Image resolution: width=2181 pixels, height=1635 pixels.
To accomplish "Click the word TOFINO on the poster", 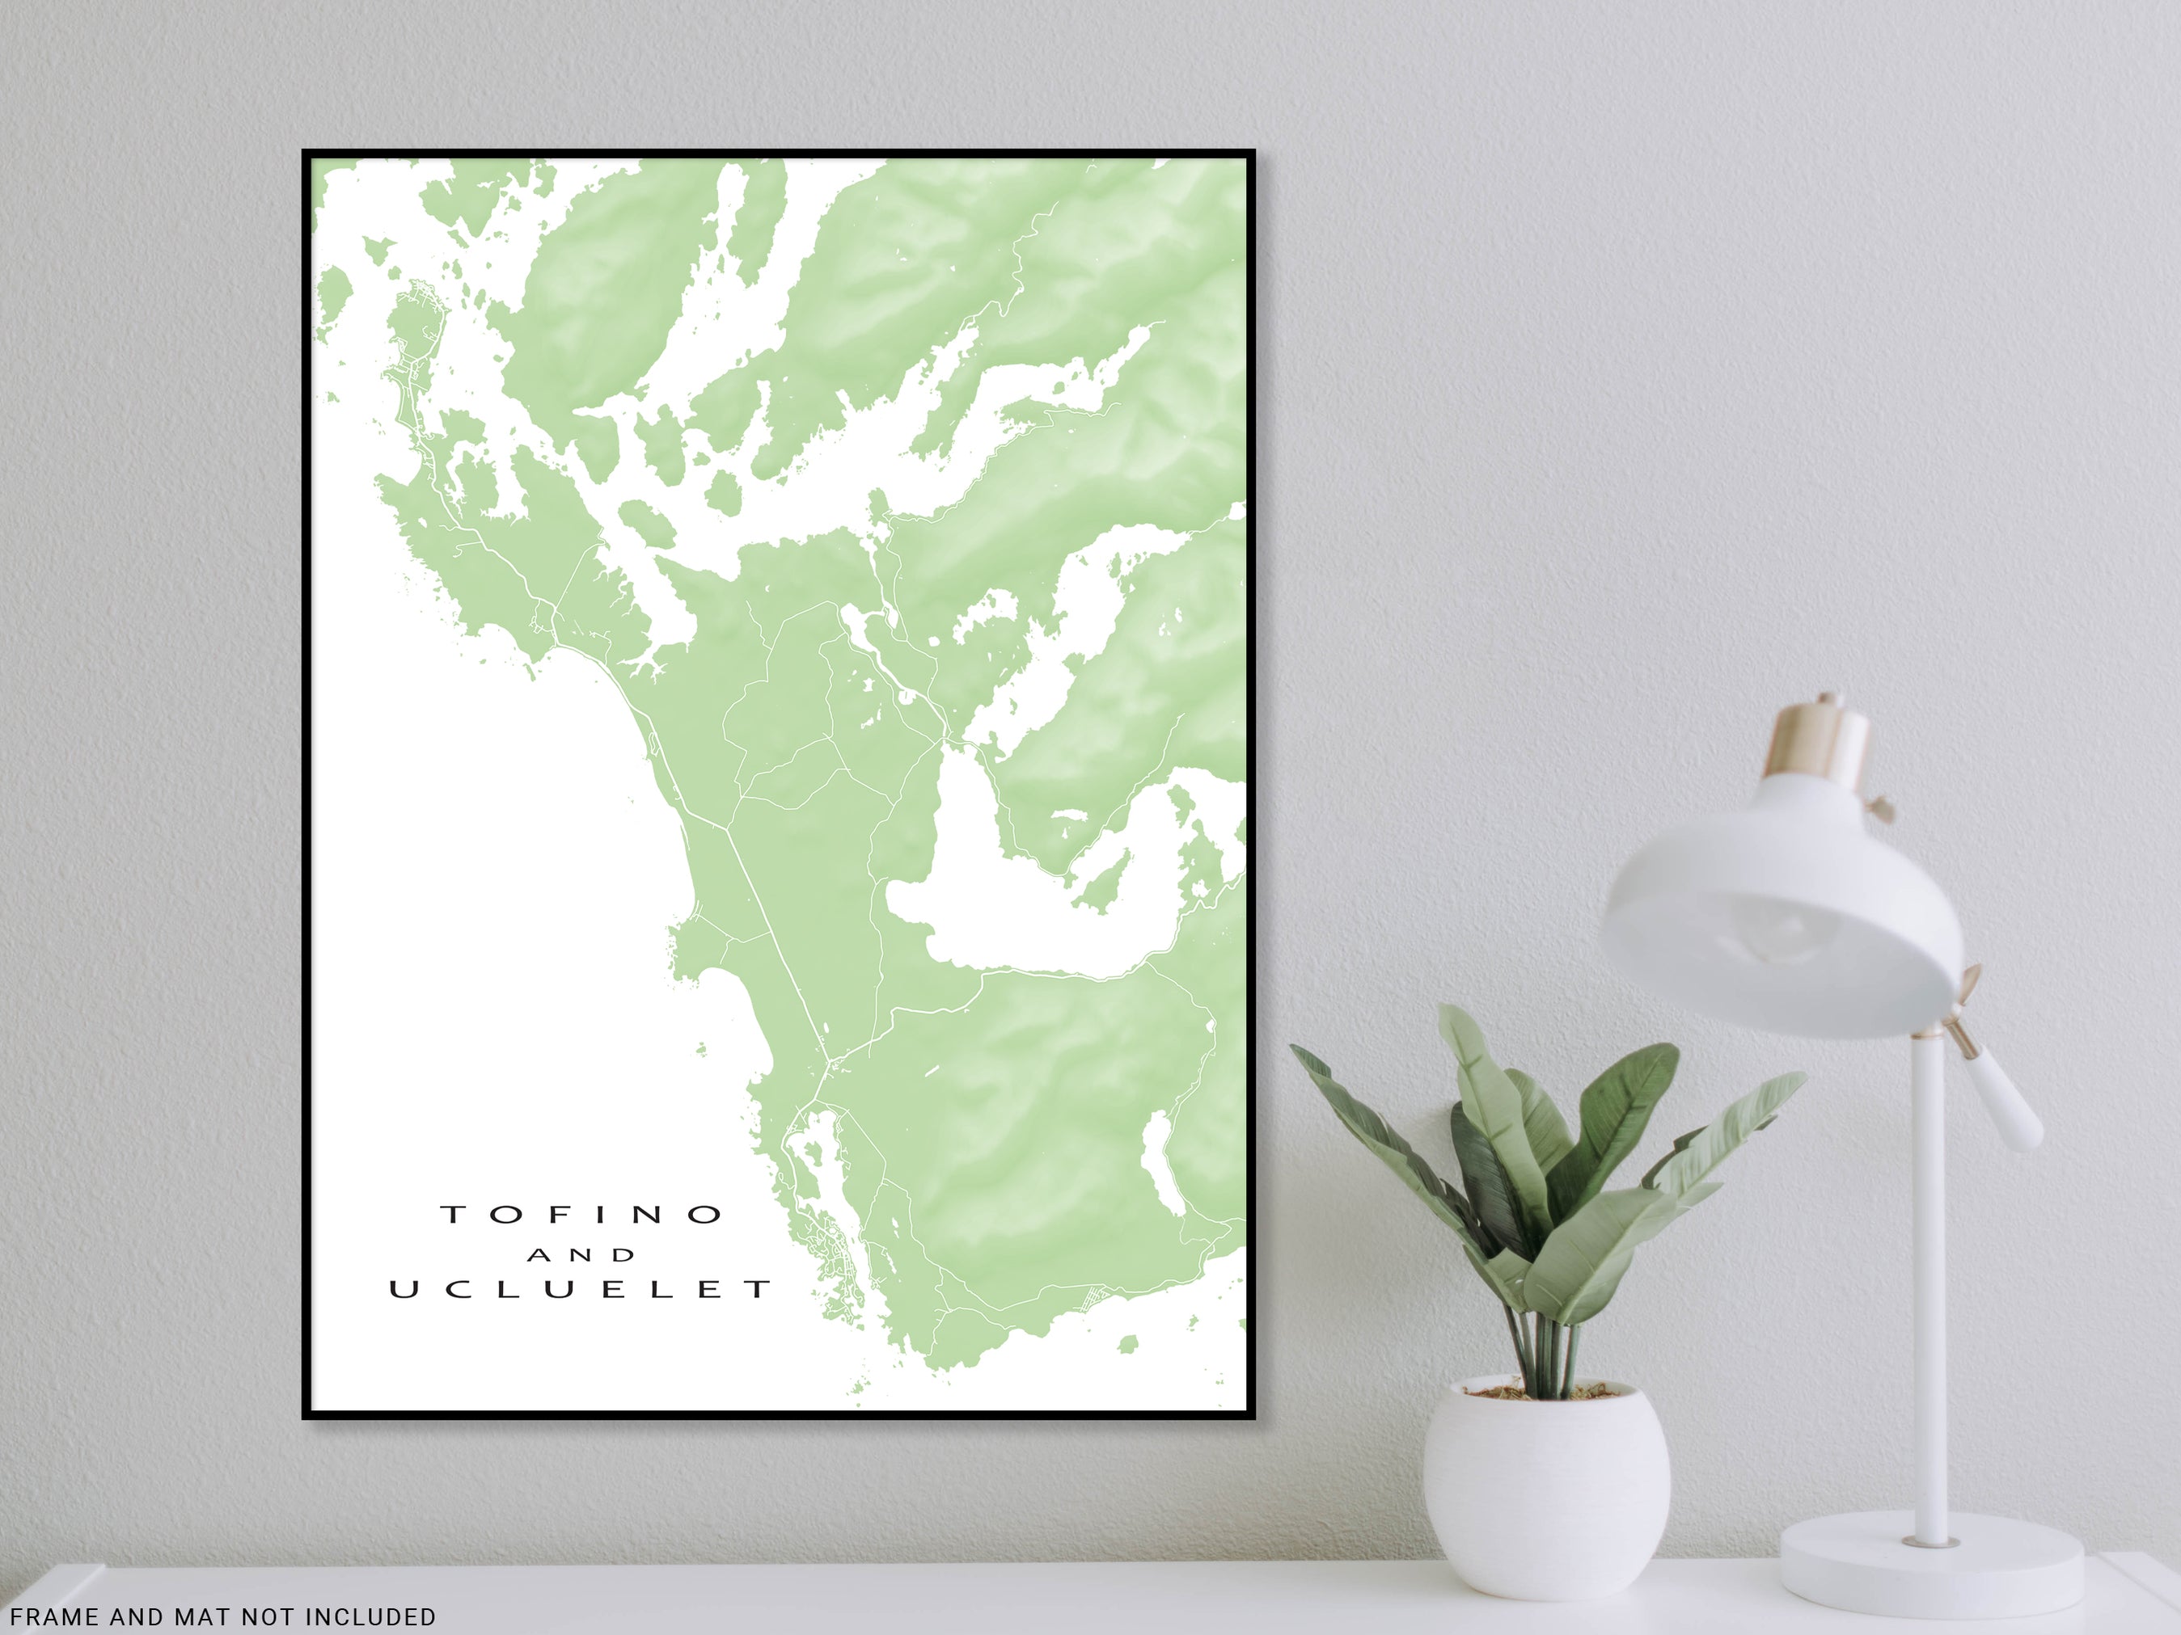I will tap(581, 1214).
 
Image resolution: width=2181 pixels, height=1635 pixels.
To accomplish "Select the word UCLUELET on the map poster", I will tap(581, 1289).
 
